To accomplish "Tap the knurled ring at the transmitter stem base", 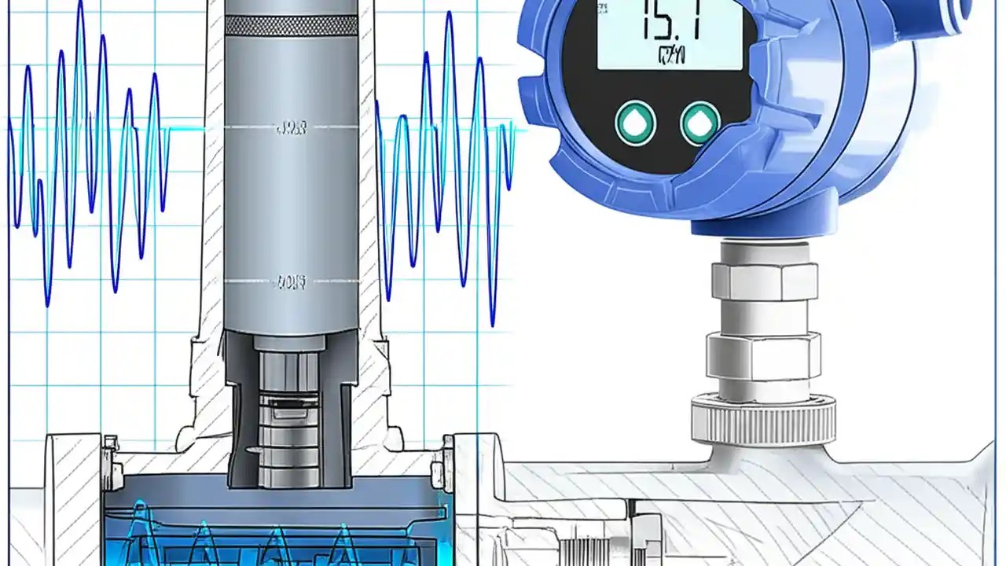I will coord(763,420).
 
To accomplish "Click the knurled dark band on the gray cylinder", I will coord(292,25).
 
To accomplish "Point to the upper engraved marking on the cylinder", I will coord(292,128).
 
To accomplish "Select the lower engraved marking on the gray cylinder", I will coord(292,281).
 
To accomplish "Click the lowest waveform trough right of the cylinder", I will coord(493,322).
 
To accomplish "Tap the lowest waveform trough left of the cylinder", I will coord(48,303).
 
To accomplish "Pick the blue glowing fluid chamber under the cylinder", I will coord(275,527).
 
